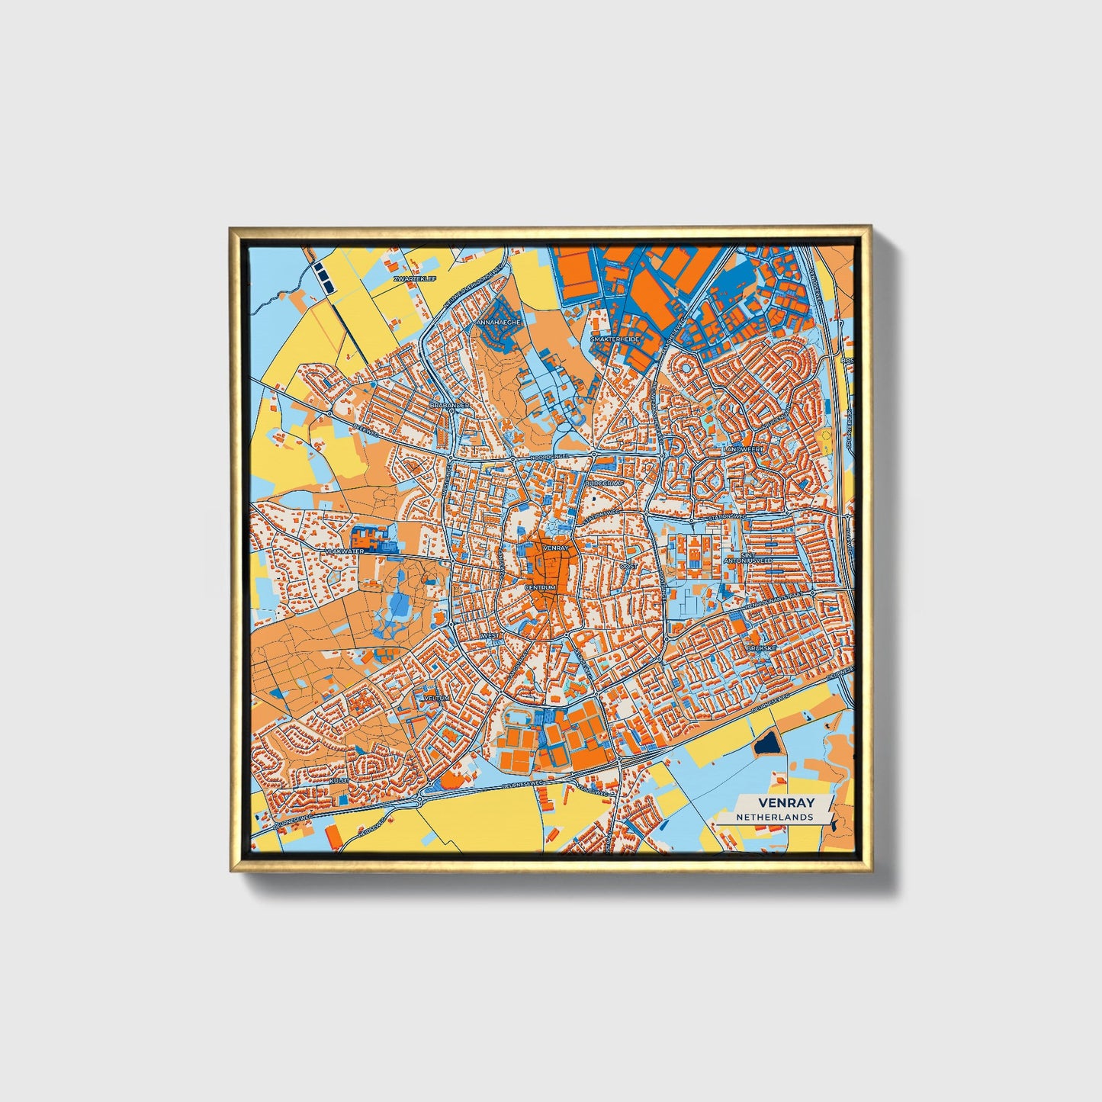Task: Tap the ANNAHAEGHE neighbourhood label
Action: coord(498,323)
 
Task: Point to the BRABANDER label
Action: coord(450,405)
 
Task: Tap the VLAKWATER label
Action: coord(345,551)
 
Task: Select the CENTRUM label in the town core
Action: coord(541,588)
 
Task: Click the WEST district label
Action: coord(490,635)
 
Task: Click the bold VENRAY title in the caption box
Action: coord(786,802)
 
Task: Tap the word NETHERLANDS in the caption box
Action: coord(774,817)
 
